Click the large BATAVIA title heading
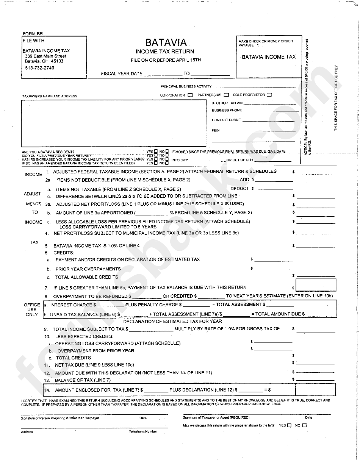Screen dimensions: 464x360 point(166,42)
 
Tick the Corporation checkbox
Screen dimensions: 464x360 point(190,95)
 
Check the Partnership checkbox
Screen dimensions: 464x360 point(226,95)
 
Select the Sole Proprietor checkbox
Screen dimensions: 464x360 point(269,95)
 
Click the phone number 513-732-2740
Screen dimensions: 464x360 point(37,68)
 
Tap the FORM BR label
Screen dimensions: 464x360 point(33,34)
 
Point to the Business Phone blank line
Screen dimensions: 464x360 point(268,111)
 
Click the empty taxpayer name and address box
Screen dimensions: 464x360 point(114,123)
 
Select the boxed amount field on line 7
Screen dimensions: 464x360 point(310,285)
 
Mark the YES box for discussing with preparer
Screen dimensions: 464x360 point(290,425)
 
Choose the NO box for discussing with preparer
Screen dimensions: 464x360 point(304,425)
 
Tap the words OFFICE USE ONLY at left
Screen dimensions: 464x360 point(32,309)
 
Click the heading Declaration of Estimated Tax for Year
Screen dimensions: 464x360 point(178,321)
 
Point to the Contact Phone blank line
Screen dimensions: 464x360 point(268,120)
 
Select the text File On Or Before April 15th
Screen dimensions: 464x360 point(166,60)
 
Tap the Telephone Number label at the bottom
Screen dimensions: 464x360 point(143,432)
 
